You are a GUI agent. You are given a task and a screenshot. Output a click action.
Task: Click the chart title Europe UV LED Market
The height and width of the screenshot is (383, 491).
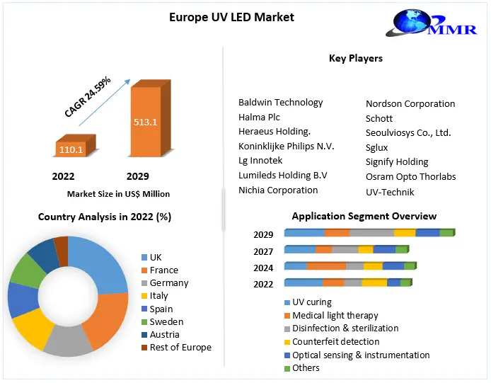(231, 17)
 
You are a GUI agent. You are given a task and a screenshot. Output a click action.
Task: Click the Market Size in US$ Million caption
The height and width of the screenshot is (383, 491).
(118, 193)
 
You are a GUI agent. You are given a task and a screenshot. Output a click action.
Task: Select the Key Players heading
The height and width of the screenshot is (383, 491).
(356, 58)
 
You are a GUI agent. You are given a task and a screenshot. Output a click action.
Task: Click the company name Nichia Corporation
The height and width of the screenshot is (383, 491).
(278, 190)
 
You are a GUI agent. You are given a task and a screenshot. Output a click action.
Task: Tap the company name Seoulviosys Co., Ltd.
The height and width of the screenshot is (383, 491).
(408, 132)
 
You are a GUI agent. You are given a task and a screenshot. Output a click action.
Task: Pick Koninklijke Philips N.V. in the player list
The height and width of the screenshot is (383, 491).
(286, 146)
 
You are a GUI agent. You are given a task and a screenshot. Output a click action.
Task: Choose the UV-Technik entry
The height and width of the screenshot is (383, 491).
(390, 192)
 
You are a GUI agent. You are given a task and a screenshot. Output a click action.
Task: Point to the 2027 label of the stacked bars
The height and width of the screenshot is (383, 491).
(263, 251)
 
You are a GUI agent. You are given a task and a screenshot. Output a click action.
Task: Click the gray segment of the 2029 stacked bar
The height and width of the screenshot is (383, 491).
(371, 233)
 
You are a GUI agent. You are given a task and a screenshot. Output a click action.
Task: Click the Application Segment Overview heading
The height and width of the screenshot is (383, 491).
(364, 216)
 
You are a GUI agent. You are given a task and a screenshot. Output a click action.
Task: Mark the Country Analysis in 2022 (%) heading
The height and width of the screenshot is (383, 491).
(105, 216)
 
